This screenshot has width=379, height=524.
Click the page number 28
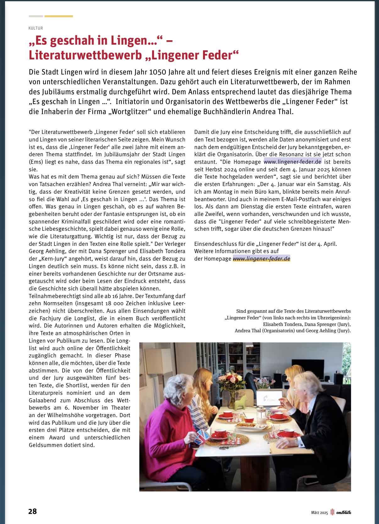click(x=32, y=511)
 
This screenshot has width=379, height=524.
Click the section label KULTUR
click(x=36, y=28)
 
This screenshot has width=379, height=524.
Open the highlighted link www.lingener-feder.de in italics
click(x=261, y=259)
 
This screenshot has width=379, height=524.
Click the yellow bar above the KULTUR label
click(x=58, y=16)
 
